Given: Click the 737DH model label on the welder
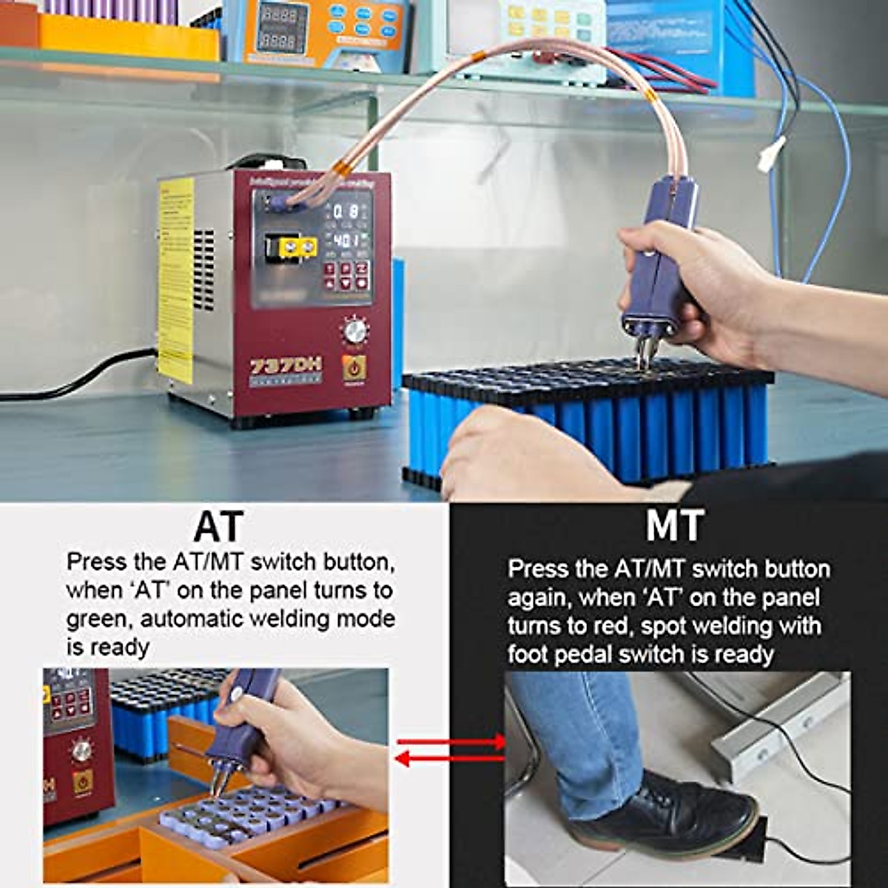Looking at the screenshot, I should click(x=285, y=367).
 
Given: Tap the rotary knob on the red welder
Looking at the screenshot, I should click(x=354, y=330).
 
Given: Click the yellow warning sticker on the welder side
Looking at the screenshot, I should click(x=175, y=281).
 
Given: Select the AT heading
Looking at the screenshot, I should click(x=218, y=526).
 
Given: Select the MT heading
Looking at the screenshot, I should click(x=674, y=526).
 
